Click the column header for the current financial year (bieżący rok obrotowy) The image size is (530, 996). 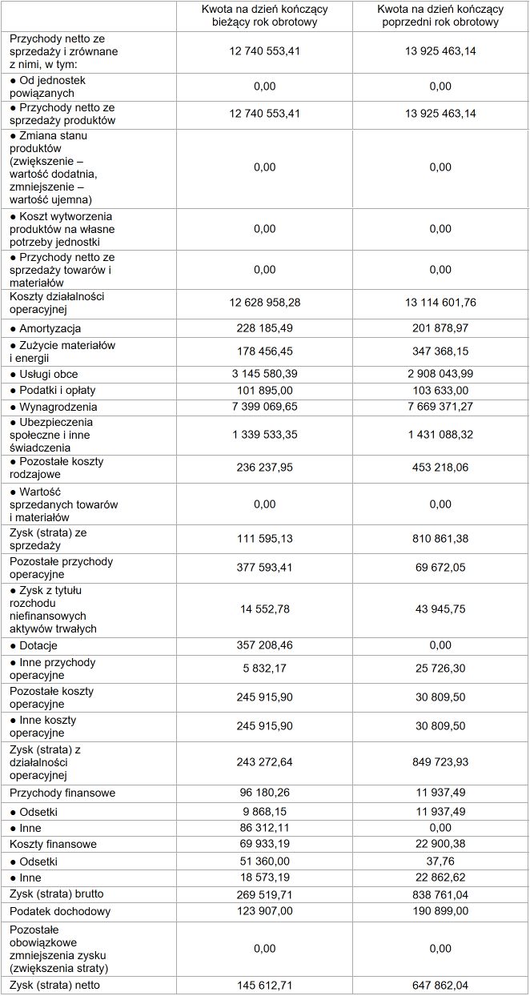pyautogui.click(x=264, y=15)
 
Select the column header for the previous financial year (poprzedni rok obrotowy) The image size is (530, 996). pyautogui.click(x=440, y=15)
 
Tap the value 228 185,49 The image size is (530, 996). pyautogui.click(x=264, y=328)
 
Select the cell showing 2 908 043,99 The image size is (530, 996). pyautogui.click(x=440, y=374)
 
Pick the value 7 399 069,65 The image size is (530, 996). pyautogui.click(x=264, y=407)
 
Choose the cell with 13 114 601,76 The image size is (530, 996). pyautogui.click(x=440, y=303)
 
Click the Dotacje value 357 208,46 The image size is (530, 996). pyautogui.click(x=264, y=645)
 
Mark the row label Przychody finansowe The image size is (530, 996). pyautogui.click(x=62, y=793)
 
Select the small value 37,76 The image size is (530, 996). pyautogui.click(x=440, y=861)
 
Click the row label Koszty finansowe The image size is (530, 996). pyautogui.click(x=53, y=844)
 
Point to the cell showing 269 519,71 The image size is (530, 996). pyautogui.click(x=264, y=894)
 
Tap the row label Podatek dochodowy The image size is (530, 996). pyautogui.click(x=60, y=911)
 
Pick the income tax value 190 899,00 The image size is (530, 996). pyautogui.click(x=440, y=911)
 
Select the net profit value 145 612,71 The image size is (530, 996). pyautogui.click(x=264, y=985)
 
